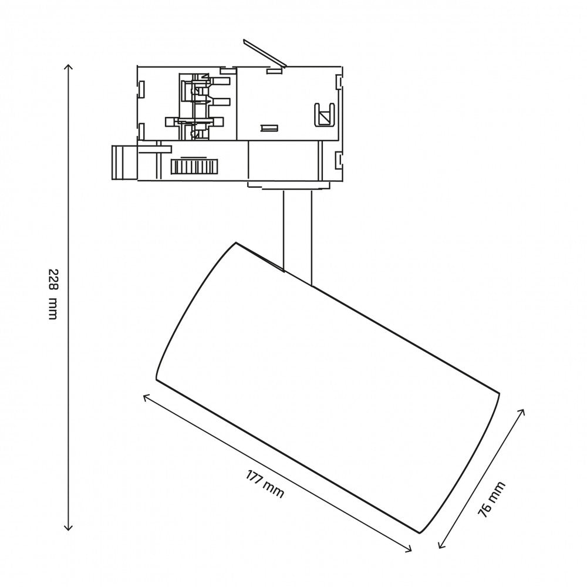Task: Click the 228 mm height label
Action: coord(53,294)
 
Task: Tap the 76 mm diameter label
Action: coord(491,499)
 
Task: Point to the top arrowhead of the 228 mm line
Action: coord(69,66)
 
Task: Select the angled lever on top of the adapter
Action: coord(264,52)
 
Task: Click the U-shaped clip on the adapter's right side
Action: coord(323,114)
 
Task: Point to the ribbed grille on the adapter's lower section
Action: coord(193,167)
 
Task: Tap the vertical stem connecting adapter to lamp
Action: coord(298,235)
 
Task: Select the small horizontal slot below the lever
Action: coord(272,71)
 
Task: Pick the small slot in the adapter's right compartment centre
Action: coord(269,127)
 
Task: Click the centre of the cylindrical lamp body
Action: coord(329,387)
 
